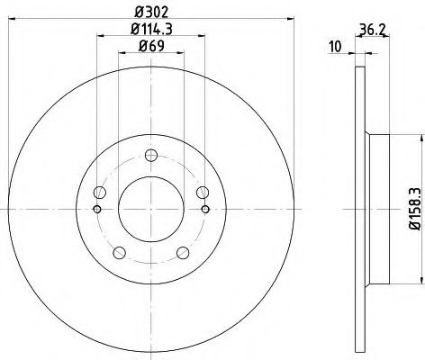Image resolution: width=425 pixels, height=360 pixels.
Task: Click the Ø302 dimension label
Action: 151,12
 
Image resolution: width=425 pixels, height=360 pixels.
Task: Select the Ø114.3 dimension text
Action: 151,32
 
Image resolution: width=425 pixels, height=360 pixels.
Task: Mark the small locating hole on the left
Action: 97,210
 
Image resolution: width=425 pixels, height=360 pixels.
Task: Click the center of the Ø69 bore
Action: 151,210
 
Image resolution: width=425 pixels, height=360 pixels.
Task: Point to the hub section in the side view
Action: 378,210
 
